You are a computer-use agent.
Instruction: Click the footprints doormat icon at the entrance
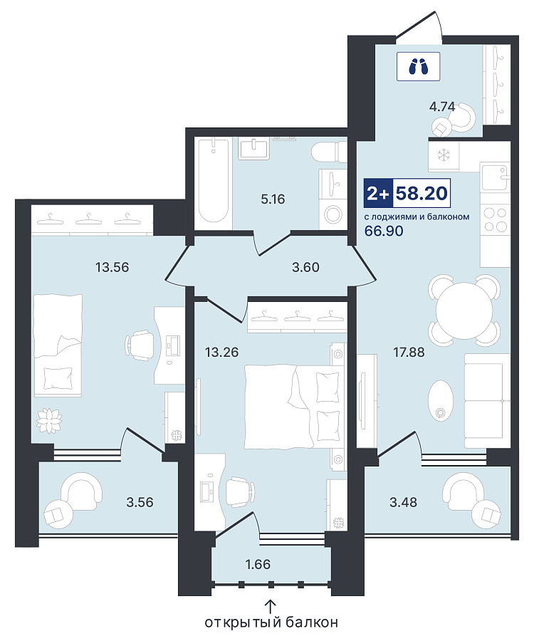(x=418, y=66)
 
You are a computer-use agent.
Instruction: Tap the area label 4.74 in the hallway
(x=441, y=107)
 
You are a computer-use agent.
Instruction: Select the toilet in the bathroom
(x=330, y=152)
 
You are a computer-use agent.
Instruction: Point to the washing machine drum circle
(x=333, y=214)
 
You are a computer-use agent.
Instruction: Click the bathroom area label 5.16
(x=273, y=199)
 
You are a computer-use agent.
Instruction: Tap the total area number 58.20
(x=422, y=193)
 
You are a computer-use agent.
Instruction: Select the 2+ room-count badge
(x=378, y=193)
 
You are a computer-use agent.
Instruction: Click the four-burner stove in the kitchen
(x=495, y=219)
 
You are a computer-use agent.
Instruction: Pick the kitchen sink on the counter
(x=495, y=177)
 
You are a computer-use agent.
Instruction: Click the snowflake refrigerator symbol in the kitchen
(x=444, y=155)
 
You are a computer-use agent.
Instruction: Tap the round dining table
(x=464, y=311)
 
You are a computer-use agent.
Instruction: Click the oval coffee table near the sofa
(x=441, y=400)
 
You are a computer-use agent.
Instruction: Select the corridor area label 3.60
(x=305, y=267)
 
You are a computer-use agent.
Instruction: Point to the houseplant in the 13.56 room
(x=49, y=420)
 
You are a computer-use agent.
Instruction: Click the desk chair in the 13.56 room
(x=140, y=345)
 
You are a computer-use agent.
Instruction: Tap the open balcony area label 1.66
(x=258, y=564)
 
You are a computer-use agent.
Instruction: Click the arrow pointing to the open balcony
(x=271, y=606)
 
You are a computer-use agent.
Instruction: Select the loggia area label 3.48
(x=403, y=502)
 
